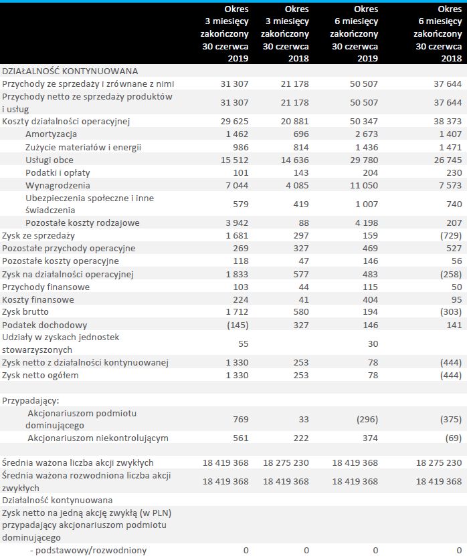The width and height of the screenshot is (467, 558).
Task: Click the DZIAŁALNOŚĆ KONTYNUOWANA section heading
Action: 70,71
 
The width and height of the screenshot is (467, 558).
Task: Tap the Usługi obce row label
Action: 50,160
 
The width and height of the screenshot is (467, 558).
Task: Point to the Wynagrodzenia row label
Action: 58,185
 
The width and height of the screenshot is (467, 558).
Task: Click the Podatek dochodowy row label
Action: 42,324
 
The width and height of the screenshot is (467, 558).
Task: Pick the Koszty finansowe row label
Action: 36,299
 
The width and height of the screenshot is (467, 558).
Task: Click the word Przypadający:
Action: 30,400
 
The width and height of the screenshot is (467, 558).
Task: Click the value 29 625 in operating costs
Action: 234,122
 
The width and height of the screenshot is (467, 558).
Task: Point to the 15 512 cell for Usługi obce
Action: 234,160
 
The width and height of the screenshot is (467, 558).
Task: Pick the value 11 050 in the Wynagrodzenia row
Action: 364,185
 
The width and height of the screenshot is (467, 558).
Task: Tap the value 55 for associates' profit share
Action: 242,343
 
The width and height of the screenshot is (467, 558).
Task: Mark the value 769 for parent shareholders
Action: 240,419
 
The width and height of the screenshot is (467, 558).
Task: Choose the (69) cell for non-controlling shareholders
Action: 452,438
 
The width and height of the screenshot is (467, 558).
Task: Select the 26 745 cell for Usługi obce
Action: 447,160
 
